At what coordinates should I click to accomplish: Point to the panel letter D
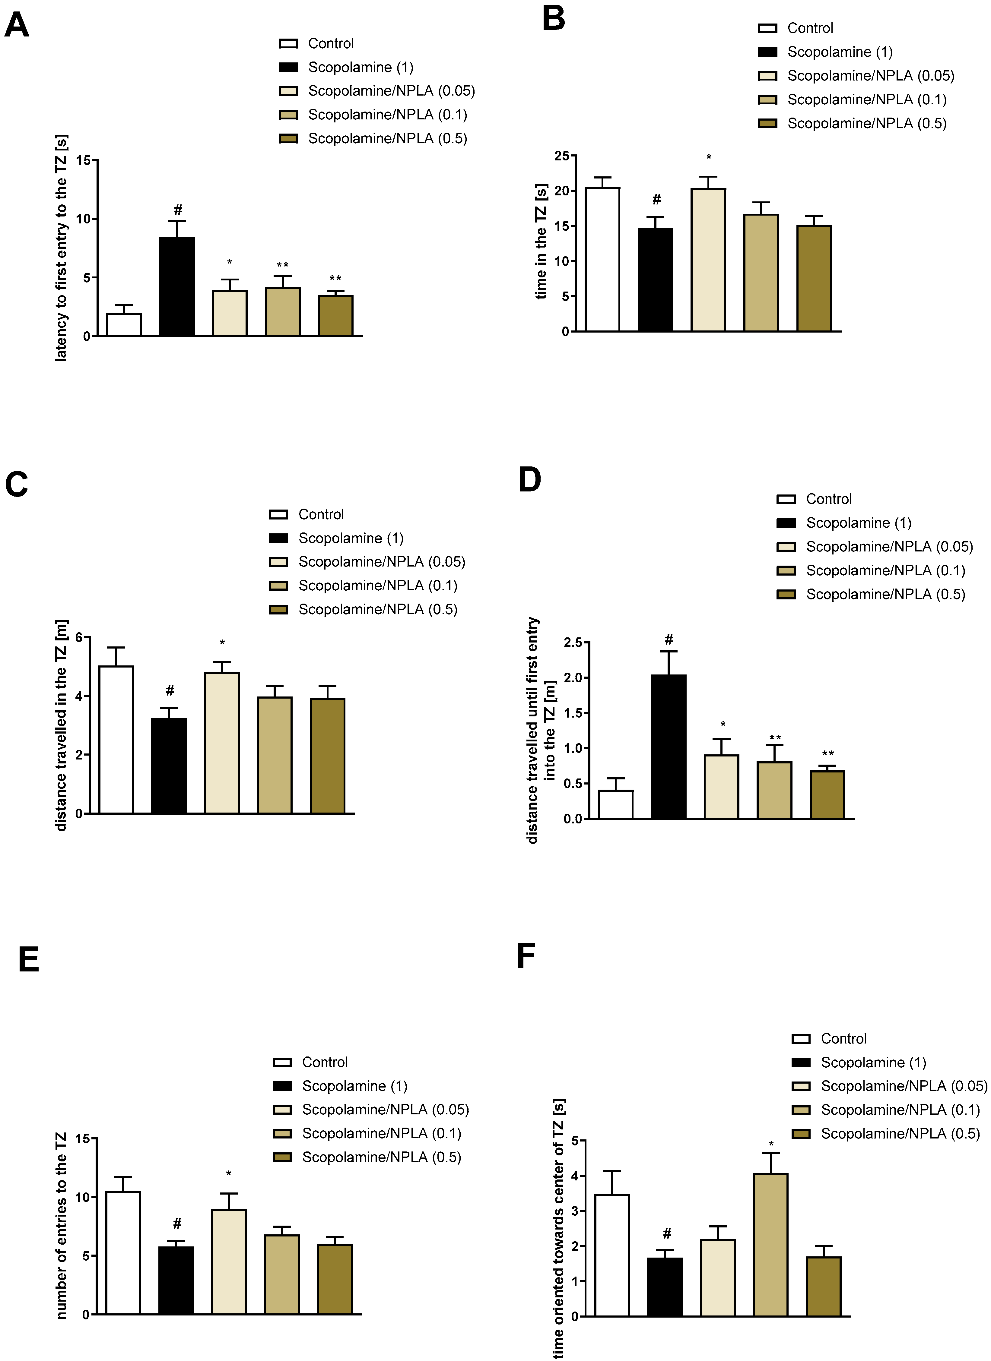(x=529, y=480)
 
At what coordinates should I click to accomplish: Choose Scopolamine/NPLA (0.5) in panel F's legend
(x=900, y=1134)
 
